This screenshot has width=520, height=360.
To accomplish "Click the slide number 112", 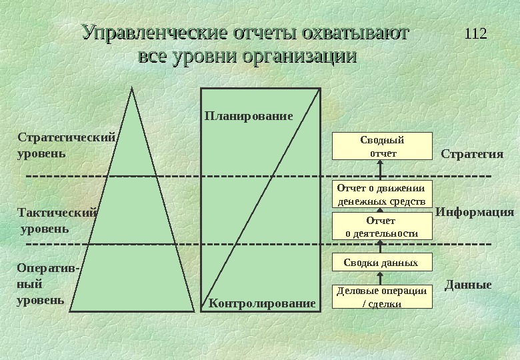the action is pos(475,33).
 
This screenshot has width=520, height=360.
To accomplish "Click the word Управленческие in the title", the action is pos(155,33).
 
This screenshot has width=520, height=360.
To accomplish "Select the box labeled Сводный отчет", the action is pos(382,147).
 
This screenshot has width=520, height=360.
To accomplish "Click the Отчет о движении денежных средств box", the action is pos(382,194).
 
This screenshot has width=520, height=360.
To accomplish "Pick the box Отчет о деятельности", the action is pos(382,227).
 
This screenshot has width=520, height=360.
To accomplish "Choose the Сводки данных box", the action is pos(382,263).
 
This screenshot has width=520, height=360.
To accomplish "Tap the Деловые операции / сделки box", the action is pos(382,297).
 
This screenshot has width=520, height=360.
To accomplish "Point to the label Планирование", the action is pos(248,116).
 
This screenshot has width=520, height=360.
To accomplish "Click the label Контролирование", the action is pos(262,304).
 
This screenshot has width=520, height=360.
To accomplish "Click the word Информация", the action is pos(475,213).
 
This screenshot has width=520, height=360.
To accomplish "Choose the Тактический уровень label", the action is pos(56,221).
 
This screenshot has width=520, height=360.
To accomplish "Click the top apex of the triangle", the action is pos(133,89).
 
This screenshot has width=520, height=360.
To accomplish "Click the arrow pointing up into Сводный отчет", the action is pos(382,170).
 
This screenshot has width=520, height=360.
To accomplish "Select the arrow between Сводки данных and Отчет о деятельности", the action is pos(382,246).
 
